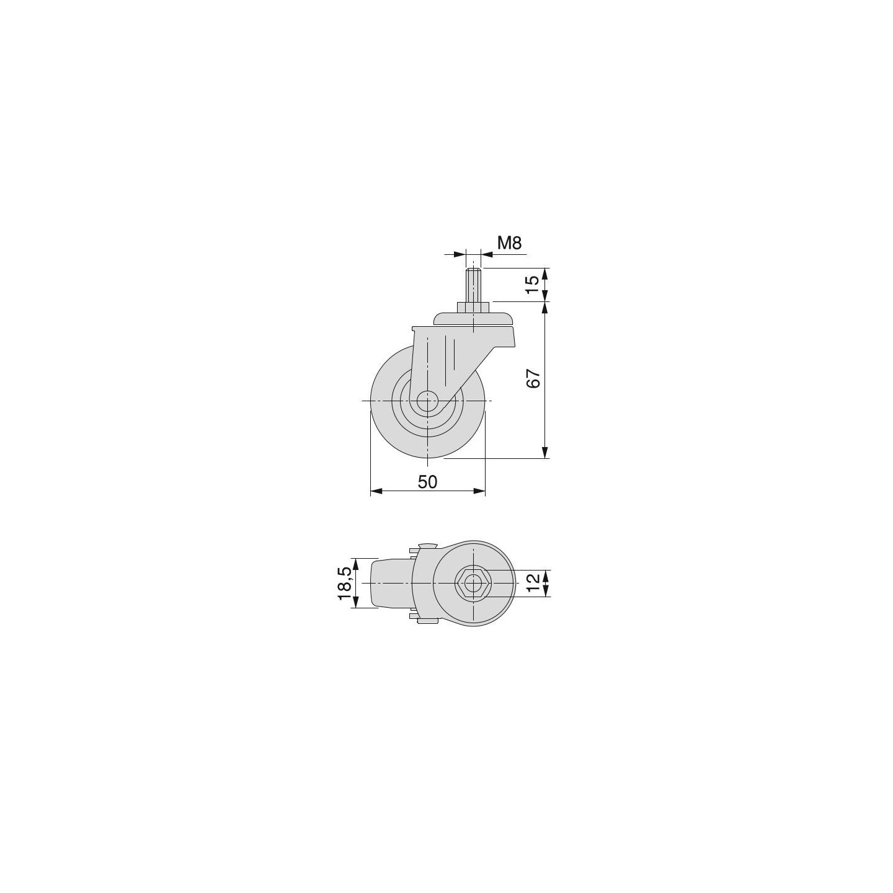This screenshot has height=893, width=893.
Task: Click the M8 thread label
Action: coord(509,242)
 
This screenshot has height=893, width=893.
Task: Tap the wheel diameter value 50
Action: coord(427,482)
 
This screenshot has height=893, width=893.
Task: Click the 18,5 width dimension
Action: coord(345,582)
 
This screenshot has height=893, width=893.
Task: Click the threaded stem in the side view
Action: coord(473,285)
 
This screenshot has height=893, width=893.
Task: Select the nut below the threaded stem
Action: coord(473,307)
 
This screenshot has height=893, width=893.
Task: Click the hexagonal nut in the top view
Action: coord(473,582)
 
